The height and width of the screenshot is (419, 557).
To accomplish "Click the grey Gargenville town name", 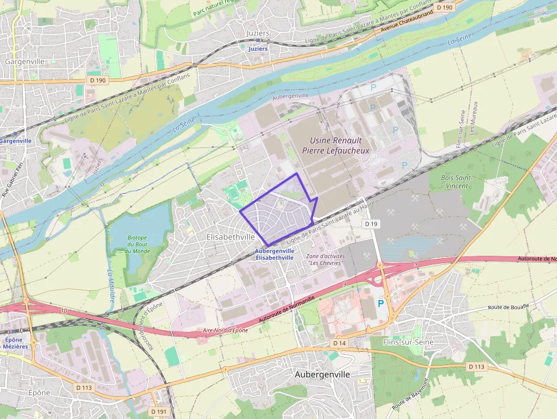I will pos(24,61).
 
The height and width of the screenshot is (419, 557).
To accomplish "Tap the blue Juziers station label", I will pos(258,49).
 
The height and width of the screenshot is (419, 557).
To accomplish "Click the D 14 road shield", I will pos(339,343).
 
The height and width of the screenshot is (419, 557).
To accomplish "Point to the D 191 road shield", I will pos(159,410).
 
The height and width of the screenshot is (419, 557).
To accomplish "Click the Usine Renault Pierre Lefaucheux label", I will pos(340,146).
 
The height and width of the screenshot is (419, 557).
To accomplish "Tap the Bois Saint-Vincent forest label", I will pos(458,181).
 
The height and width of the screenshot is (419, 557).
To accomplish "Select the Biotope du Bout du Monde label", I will pos(137,244).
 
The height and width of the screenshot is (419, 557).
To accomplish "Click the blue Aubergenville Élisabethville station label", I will pos(275,254).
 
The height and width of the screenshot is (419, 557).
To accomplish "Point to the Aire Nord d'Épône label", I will pos(226,330).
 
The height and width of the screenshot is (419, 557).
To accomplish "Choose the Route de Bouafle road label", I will pos(508,307).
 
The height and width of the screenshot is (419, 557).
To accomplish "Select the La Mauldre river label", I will pos(110,285).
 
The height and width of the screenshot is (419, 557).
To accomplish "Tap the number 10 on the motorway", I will pos(63,311).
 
